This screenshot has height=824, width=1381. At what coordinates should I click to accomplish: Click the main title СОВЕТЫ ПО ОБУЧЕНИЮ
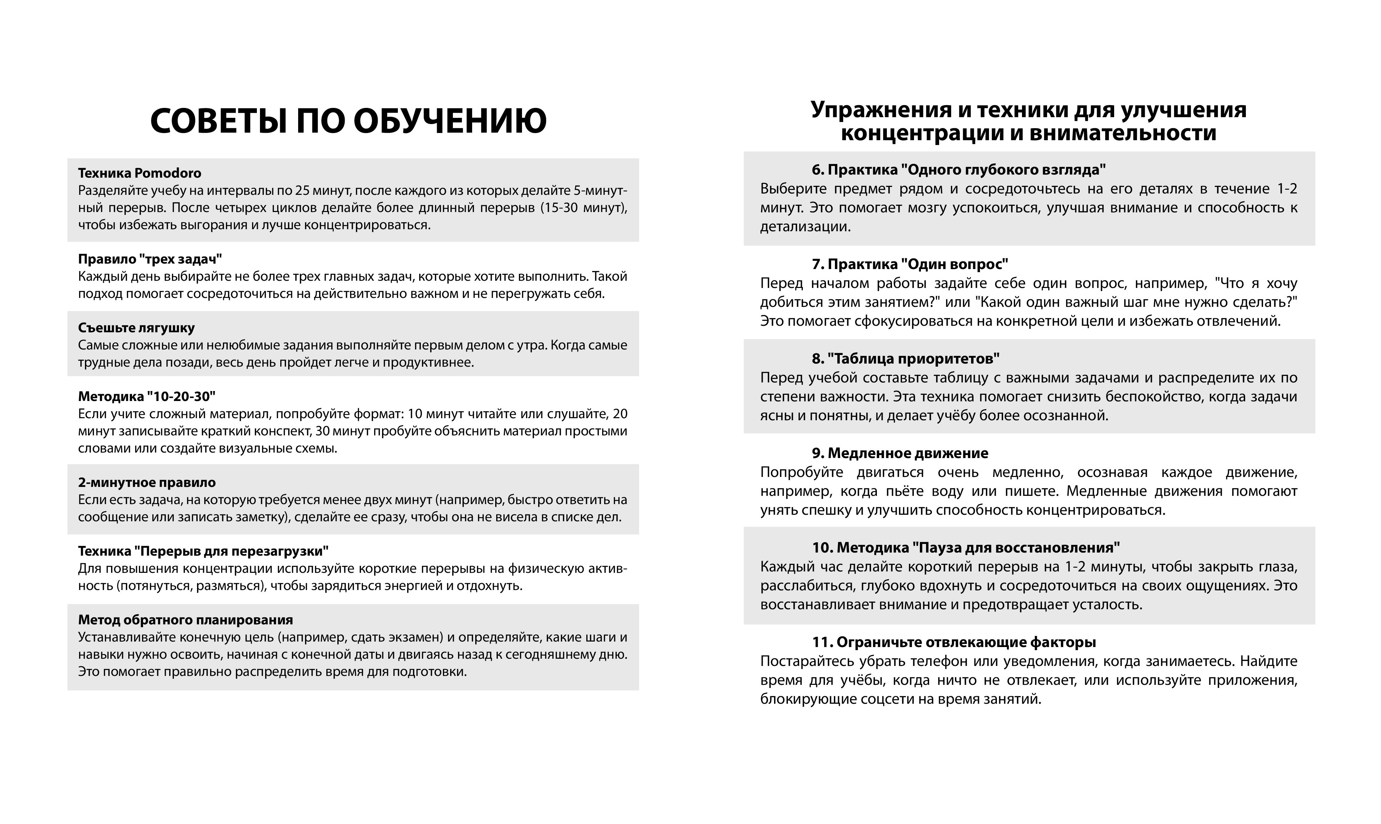click(348, 121)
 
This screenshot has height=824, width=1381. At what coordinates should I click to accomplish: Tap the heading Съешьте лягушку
click(136, 327)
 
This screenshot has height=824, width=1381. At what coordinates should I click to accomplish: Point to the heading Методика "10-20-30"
click(146, 397)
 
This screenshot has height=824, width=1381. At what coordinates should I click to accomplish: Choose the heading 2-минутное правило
click(146, 482)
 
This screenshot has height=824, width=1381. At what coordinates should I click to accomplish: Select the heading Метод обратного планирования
click(185, 620)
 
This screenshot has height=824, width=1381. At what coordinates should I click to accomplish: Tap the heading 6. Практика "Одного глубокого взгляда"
click(959, 169)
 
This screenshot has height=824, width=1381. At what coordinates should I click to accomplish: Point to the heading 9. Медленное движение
click(900, 453)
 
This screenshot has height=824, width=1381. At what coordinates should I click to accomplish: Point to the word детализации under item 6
click(805, 227)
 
